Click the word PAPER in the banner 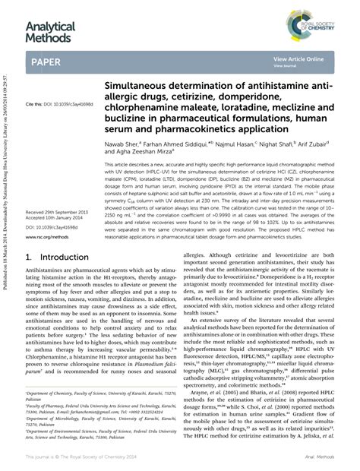[46, 61]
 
